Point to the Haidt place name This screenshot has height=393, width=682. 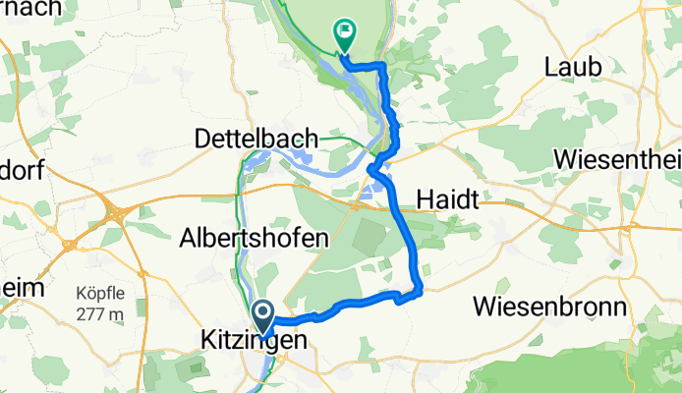[447, 200]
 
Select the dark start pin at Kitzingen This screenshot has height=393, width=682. [264, 317]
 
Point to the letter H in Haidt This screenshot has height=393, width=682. [424, 200]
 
